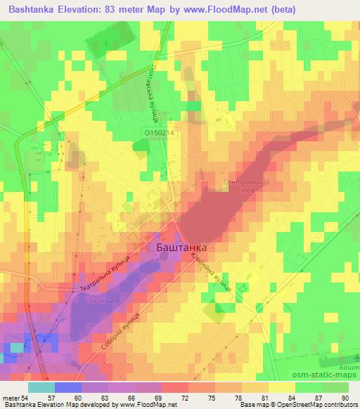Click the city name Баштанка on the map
tap(179, 248)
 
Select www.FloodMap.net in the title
tap(228, 9)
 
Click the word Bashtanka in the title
tap(30, 9)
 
